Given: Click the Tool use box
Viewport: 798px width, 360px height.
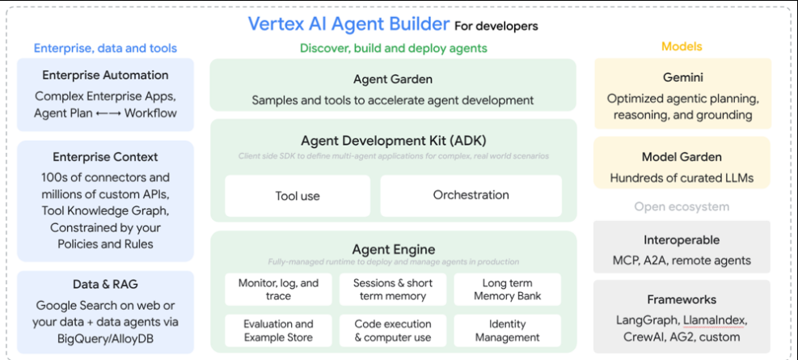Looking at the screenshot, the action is click(x=298, y=196).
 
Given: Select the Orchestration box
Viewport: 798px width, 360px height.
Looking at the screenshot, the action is click(x=471, y=195).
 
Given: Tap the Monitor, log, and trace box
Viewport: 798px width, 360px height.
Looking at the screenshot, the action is click(x=278, y=290).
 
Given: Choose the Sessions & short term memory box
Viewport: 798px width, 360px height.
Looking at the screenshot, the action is click(x=393, y=290).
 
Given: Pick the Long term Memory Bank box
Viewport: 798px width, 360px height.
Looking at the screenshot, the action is click(x=507, y=290).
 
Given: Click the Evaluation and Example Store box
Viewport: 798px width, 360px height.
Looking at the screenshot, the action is click(x=278, y=330).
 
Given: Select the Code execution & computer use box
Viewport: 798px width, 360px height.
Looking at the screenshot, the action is click(x=393, y=330).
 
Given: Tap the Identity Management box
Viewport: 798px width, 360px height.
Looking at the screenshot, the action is click(x=507, y=330).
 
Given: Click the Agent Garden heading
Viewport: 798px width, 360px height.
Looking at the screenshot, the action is click(x=392, y=79).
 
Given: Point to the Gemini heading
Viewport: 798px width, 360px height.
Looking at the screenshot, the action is click(x=682, y=78).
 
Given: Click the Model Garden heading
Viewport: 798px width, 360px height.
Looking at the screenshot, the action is click(x=682, y=157).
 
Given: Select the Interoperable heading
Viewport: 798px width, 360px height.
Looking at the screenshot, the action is click(x=682, y=240).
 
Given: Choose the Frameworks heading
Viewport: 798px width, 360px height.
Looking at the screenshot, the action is click(x=682, y=299).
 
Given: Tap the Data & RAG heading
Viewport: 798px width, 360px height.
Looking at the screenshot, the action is click(x=105, y=284).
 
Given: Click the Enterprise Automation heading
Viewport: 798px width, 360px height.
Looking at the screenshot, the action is click(x=105, y=75).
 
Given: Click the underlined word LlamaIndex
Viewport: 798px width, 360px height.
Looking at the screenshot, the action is click(x=714, y=320).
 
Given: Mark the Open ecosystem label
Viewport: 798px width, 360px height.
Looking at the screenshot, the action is click(x=682, y=206).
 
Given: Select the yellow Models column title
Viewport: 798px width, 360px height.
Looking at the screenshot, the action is click(x=682, y=47).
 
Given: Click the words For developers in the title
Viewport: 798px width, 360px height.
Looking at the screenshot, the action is click(x=496, y=27).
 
